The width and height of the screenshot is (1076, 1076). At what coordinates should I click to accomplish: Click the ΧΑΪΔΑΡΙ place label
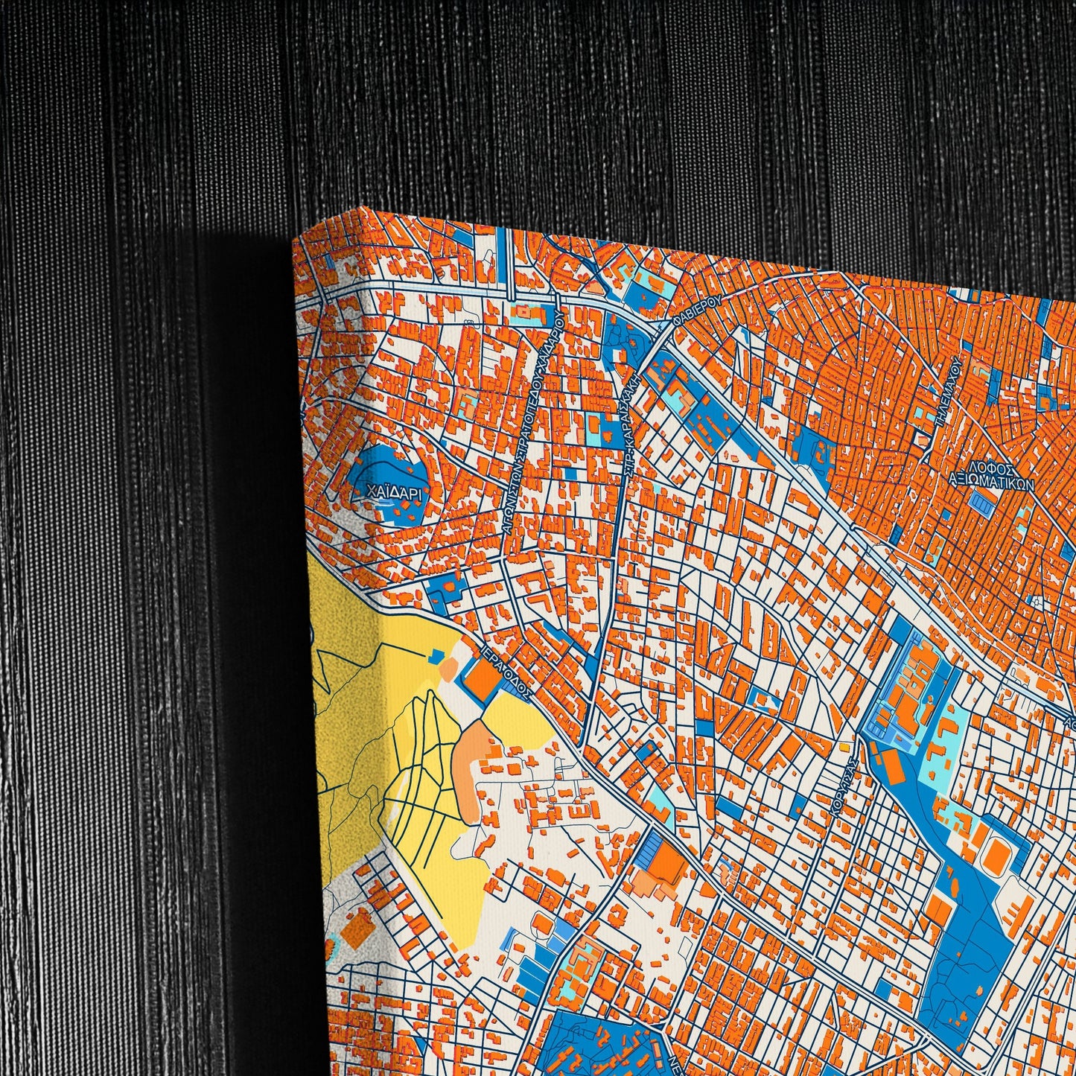[x=388, y=491]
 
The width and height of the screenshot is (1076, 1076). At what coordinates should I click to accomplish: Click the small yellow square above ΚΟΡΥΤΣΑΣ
[x=844, y=745]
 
